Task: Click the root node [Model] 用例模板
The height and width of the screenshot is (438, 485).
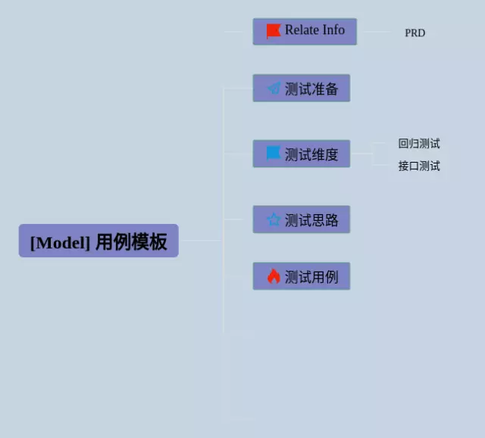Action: click(x=99, y=241)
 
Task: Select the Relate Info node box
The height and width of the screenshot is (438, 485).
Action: click(x=305, y=32)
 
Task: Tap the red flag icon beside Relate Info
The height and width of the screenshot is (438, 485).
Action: click(x=273, y=31)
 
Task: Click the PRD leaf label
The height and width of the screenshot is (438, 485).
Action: click(x=415, y=33)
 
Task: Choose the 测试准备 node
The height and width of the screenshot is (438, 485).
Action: click(x=302, y=89)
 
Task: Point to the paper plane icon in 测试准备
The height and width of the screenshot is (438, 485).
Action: click(x=274, y=89)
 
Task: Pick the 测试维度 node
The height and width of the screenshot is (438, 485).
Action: click(x=302, y=154)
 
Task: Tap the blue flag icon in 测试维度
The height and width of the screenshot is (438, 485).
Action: click(x=274, y=154)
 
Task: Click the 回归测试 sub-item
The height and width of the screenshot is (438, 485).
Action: click(x=418, y=143)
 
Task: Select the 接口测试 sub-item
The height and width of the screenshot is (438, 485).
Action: click(x=418, y=166)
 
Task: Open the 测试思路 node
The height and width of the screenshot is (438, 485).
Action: click(x=302, y=219)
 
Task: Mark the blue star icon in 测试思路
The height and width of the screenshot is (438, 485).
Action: click(x=274, y=219)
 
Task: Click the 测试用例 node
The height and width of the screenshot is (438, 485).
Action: click(x=302, y=276)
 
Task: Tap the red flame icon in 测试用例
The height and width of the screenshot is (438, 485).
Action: click(x=274, y=276)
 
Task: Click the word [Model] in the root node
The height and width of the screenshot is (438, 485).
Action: click(x=61, y=243)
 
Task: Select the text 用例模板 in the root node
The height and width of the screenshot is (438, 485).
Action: click(x=131, y=242)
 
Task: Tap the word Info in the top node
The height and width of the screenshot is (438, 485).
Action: click(x=333, y=30)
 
